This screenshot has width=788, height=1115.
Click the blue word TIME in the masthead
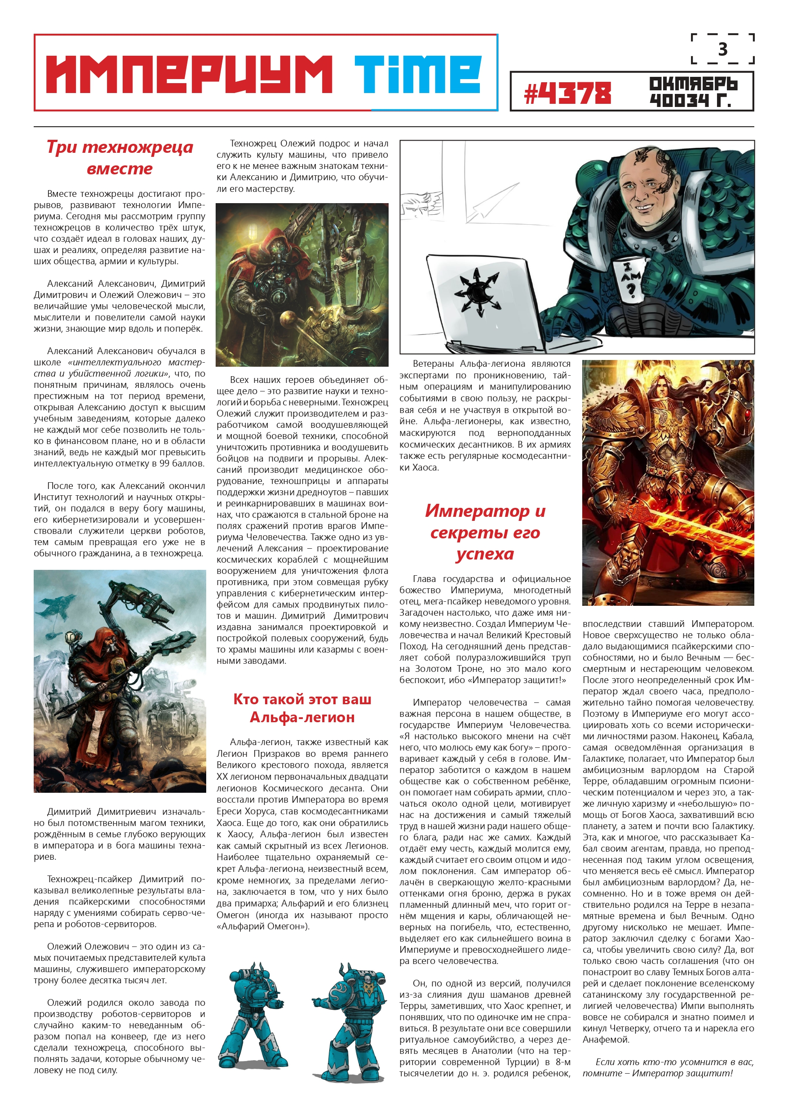(x=417, y=74)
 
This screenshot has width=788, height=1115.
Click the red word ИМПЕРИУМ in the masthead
(x=189, y=74)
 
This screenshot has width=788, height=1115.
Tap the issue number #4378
(x=567, y=93)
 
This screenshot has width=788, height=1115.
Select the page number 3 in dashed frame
(x=722, y=49)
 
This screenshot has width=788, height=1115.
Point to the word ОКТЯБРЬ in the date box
(x=693, y=84)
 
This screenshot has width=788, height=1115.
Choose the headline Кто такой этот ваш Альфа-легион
(x=302, y=707)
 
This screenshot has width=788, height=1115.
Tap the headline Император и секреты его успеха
(x=485, y=532)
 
